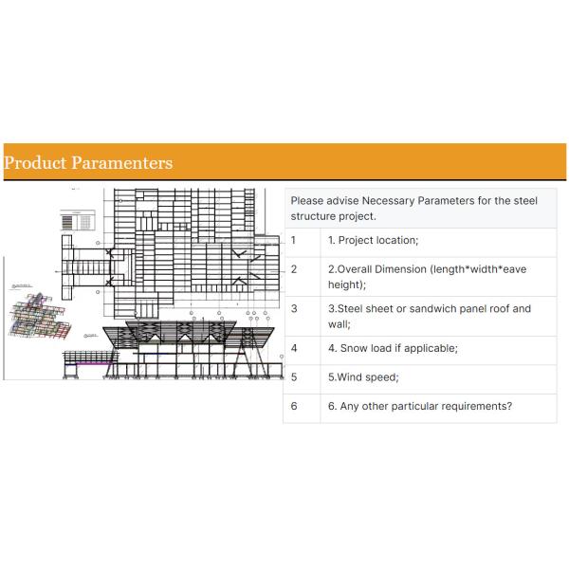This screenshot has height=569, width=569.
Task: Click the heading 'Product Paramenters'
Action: pyautogui.click(x=88, y=163)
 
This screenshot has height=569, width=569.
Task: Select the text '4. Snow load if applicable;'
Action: pyautogui.click(x=393, y=348)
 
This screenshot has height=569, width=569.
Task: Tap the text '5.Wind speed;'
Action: pyautogui.click(x=363, y=377)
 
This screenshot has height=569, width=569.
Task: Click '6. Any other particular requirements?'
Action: pyautogui.click(x=420, y=407)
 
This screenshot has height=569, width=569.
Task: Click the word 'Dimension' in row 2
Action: pyautogui.click(x=401, y=269)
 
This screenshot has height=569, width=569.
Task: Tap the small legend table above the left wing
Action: pyautogui.click(x=78, y=220)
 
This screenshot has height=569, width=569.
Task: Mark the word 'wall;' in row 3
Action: pyautogui.click(x=340, y=323)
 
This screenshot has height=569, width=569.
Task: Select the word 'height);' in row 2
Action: pyautogui.click(x=347, y=284)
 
